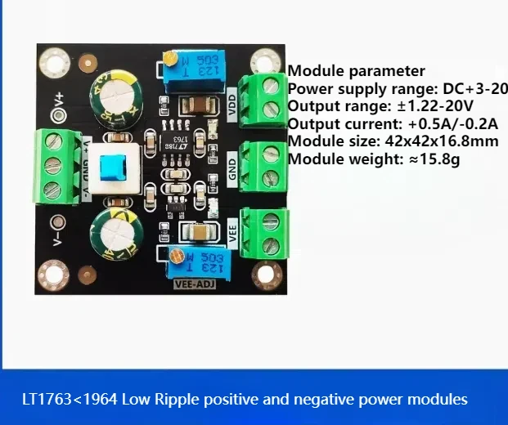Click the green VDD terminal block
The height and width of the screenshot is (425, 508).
coord(263,99)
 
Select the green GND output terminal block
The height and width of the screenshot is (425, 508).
coord(263,165)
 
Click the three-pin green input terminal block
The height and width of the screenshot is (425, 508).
coord(60,165)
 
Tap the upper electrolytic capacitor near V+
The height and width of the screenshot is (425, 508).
coord(118,95)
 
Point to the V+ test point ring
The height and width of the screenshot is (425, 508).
coord(58,115)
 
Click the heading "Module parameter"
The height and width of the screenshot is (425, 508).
coord(357,70)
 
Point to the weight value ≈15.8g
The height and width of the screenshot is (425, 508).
coord(434,159)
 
